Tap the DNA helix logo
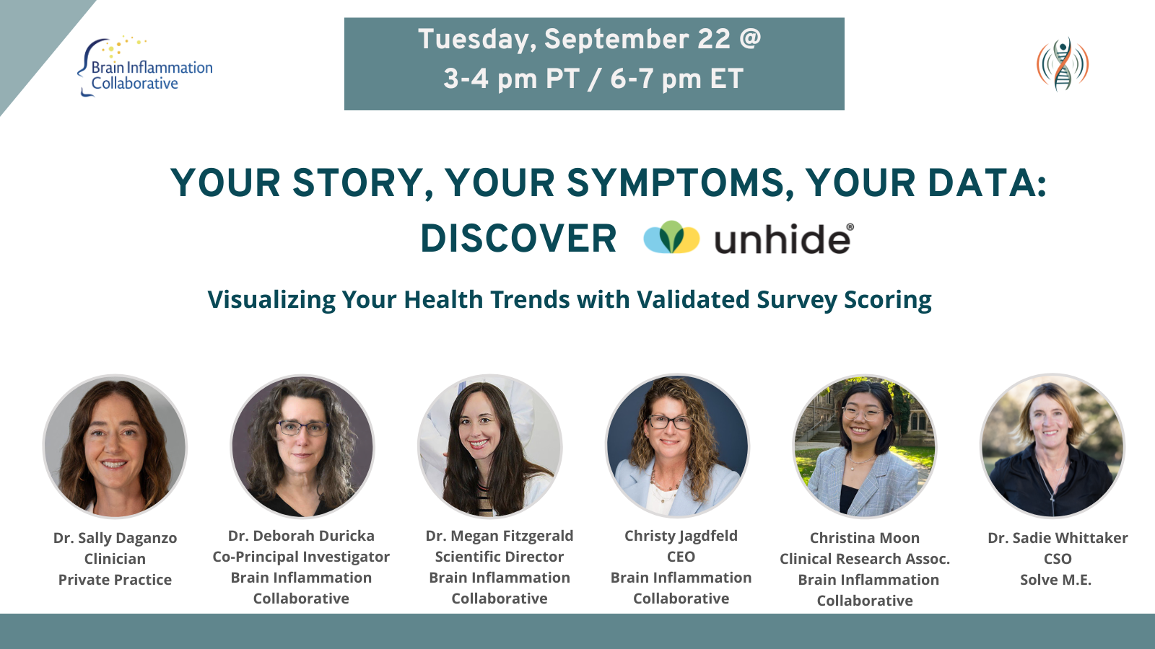coord(1063,64)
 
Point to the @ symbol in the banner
coord(750,38)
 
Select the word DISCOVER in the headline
coord(518,239)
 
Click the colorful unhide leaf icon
coord(671,237)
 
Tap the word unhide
coord(783,239)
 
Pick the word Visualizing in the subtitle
coord(271,300)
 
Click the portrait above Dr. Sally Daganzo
coord(115,446)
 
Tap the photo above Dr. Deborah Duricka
coord(302,446)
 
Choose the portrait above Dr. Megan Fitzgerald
coord(490,446)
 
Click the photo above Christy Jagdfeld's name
coord(678,446)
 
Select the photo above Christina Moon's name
coord(865,446)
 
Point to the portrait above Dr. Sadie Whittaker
coord(1052,446)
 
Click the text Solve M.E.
coord(1055,580)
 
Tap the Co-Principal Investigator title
coord(301,557)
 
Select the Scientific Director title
coord(499,557)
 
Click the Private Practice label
coord(115,580)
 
